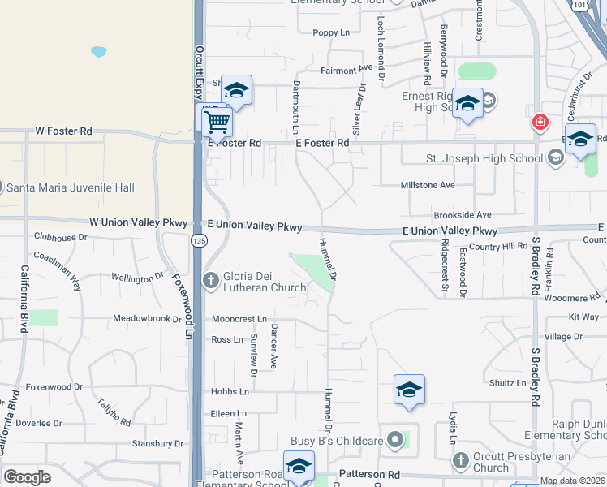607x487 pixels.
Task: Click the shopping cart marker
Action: pyautogui.click(x=217, y=123)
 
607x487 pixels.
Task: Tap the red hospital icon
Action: pyautogui.click(x=539, y=123)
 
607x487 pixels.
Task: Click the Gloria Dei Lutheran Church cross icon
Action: pyautogui.click(x=211, y=281)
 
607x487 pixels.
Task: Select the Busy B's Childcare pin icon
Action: pyautogui.click(x=395, y=441)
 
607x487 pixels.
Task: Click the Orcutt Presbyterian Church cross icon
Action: pyautogui.click(x=460, y=460)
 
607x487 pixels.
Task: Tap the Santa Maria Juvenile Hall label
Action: pyautogui.click(x=71, y=187)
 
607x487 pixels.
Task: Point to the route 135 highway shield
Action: pyautogui.click(x=199, y=240)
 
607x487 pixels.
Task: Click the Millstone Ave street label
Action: pyautogui.click(x=428, y=185)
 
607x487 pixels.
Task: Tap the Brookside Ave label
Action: pyautogui.click(x=463, y=215)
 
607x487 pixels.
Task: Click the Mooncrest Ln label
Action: pyautogui.click(x=239, y=320)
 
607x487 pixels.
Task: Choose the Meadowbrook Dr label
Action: pyautogui.click(x=147, y=319)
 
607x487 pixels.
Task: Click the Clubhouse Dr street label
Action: pyautogui.click(x=60, y=238)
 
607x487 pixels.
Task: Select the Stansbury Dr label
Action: pyautogui.click(x=158, y=444)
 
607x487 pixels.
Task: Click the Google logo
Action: pyautogui.click(x=27, y=477)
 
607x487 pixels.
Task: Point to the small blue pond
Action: pyautogui.click(x=98, y=52)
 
